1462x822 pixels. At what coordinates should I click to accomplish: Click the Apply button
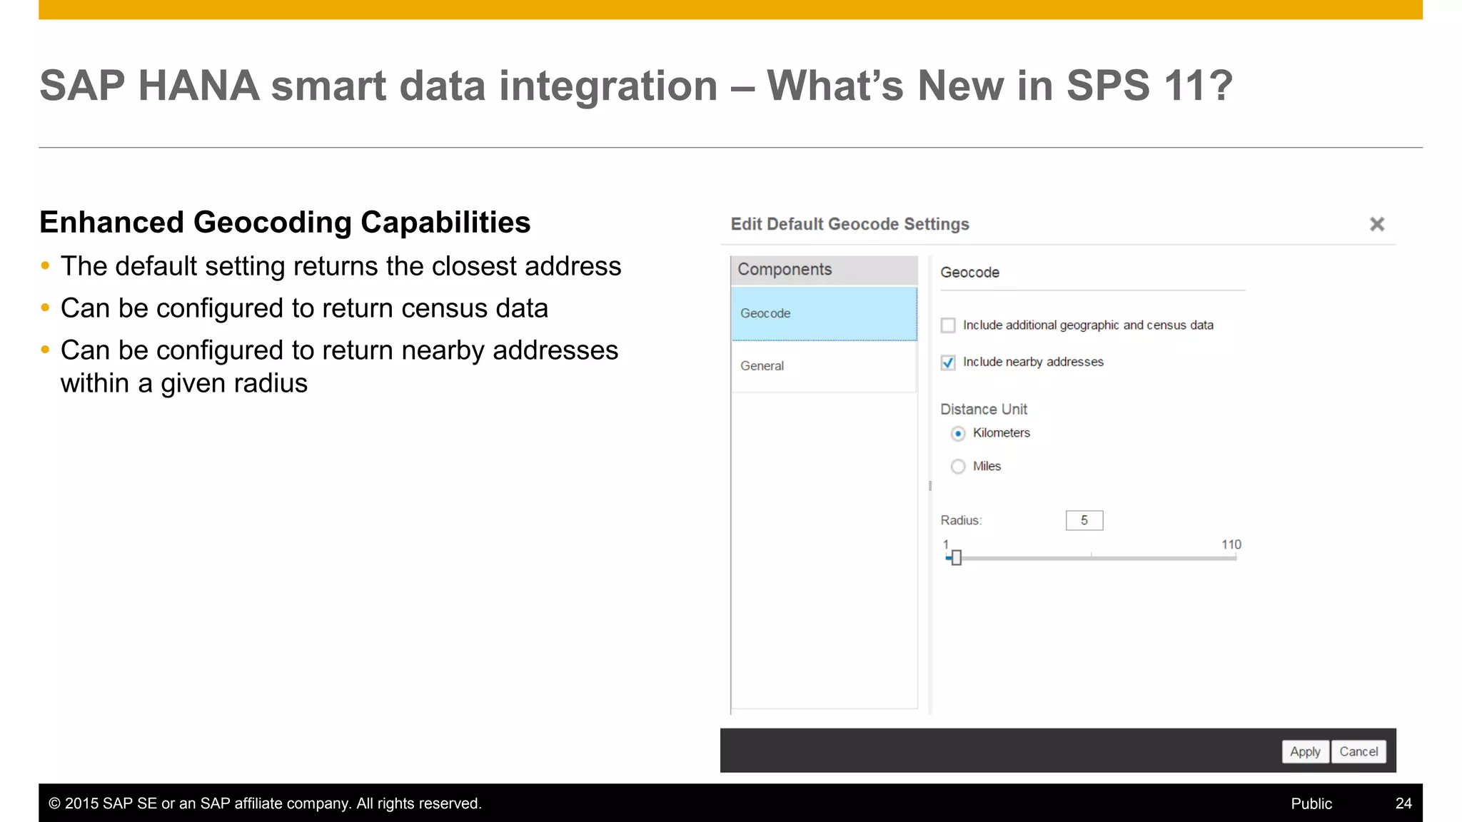coord(1305,751)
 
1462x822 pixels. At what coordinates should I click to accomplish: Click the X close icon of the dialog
coord(1377,224)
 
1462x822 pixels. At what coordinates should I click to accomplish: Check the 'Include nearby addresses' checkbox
coord(948,362)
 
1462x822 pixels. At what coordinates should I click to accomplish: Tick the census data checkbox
coord(948,325)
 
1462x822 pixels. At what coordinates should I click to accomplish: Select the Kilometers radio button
coord(958,433)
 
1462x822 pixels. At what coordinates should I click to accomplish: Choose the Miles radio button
coord(958,467)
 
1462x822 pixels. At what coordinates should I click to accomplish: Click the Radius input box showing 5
coord(1084,520)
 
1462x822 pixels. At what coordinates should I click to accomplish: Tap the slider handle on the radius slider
coord(957,558)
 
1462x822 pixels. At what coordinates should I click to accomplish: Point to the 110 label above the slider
coord(1231,544)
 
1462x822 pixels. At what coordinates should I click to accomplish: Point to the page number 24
coord(1403,803)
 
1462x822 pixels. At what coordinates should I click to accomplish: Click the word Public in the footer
coord(1311,803)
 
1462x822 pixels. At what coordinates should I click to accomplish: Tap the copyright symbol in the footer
coord(54,803)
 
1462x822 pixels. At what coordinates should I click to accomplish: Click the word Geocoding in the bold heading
coord(272,223)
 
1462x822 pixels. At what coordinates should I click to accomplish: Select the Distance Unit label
coord(983,409)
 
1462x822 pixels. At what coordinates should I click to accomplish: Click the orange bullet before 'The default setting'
coord(46,266)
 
